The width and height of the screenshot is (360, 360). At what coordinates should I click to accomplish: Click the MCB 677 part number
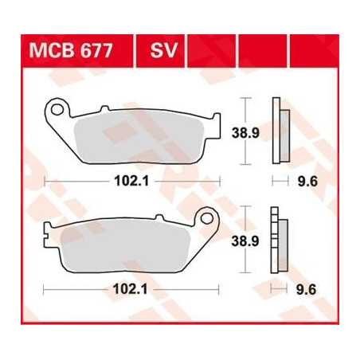pyautogui.click(x=71, y=50)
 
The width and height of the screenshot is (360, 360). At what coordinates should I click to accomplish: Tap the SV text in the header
pyautogui.click(x=163, y=50)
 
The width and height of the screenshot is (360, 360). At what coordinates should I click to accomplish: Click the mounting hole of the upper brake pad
pyautogui.click(x=57, y=109)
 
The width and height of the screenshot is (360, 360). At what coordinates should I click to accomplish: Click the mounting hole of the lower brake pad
pyautogui.click(x=207, y=218)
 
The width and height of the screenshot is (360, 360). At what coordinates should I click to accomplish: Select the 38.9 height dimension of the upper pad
pyautogui.click(x=245, y=133)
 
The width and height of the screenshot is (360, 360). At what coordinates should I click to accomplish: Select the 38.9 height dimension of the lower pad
pyautogui.click(x=245, y=241)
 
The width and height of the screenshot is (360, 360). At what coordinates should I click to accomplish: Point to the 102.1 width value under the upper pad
pyautogui.click(x=131, y=182)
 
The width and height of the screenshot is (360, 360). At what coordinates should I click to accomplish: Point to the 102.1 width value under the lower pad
pyautogui.click(x=130, y=289)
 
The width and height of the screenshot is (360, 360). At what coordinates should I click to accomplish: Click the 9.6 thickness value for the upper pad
pyautogui.click(x=307, y=182)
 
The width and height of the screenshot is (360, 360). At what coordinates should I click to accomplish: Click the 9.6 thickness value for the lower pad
pyautogui.click(x=306, y=290)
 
